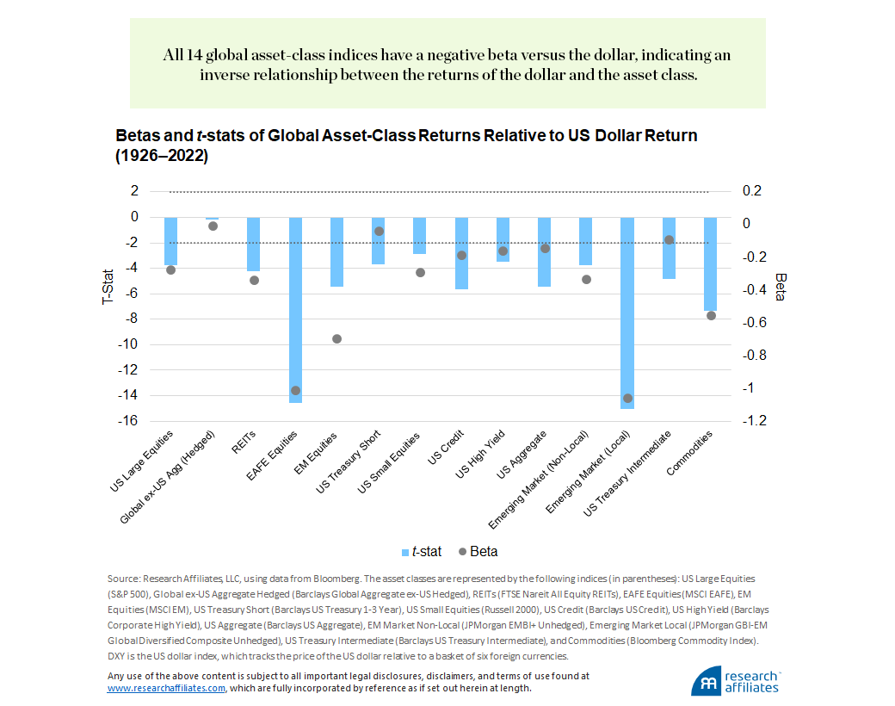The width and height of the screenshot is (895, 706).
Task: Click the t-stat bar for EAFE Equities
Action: [295, 310]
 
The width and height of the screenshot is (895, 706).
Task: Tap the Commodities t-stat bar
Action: [710, 263]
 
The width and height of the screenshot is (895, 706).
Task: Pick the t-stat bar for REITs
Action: [254, 245]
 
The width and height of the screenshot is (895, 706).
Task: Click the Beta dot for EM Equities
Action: [337, 339]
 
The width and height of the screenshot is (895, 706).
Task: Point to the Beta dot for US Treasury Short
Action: [379, 231]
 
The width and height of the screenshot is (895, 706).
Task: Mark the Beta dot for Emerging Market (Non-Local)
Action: [586, 279]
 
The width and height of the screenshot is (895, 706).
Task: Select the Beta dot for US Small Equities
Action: [420, 272]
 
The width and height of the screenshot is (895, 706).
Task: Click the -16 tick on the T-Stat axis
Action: [129, 421]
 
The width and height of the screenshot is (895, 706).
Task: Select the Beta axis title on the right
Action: [780, 287]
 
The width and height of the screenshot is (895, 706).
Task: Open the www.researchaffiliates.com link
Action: [166, 689]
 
